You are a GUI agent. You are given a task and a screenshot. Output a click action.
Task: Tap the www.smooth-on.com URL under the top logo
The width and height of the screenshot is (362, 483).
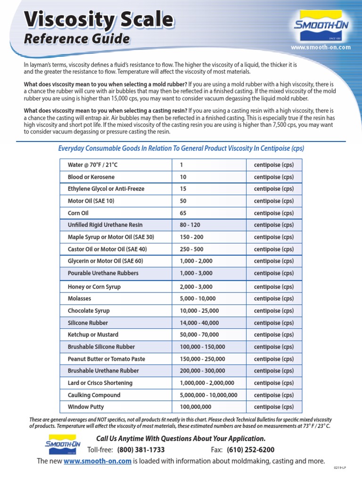[321, 48]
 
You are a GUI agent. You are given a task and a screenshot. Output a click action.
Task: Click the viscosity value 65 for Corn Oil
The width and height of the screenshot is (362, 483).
[183, 213]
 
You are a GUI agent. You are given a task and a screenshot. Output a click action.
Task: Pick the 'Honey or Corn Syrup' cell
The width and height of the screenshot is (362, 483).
[94, 287]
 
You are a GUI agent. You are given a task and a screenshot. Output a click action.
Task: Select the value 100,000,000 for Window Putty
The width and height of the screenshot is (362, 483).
[196, 407]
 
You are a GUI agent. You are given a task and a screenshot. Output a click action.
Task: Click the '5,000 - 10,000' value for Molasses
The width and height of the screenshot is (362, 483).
[197, 299]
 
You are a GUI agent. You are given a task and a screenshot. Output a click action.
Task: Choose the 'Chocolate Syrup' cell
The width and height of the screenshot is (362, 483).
[89, 311]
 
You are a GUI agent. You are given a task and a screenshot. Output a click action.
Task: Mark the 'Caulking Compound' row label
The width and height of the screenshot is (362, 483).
[94, 395]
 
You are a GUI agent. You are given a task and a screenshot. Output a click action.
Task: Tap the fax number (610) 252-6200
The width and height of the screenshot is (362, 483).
[250, 450]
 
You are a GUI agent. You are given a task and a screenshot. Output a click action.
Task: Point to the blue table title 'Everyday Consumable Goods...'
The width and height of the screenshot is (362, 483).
[181, 149]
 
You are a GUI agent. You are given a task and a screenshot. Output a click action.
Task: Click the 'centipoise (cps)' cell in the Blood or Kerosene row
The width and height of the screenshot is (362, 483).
[273, 177]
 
